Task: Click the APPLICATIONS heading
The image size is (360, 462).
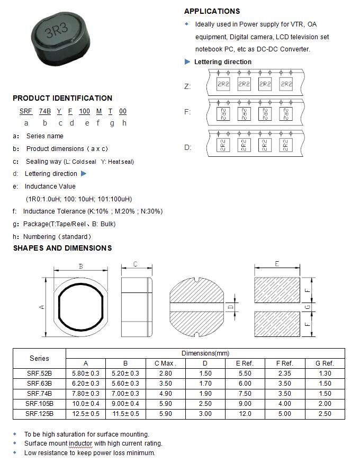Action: point(212,11)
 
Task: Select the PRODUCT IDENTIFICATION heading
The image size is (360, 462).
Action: point(62,98)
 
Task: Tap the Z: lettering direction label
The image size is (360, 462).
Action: point(187,86)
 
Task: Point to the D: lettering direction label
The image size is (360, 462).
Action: point(187,147)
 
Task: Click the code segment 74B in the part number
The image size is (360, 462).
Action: point(45,111)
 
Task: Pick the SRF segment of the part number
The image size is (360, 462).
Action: point(26,111)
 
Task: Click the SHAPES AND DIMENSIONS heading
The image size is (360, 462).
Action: point(62,248)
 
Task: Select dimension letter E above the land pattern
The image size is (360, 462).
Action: point(277,263)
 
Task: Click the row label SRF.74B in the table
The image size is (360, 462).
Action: point(39,393)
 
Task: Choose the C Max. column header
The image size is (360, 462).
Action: point(165,363)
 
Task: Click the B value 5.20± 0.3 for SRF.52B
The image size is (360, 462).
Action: point(125,373)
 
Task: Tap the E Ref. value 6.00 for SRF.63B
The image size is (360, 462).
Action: point(245,383)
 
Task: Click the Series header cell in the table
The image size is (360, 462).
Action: point(39,358)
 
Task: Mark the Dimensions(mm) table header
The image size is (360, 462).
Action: point(205,353)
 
